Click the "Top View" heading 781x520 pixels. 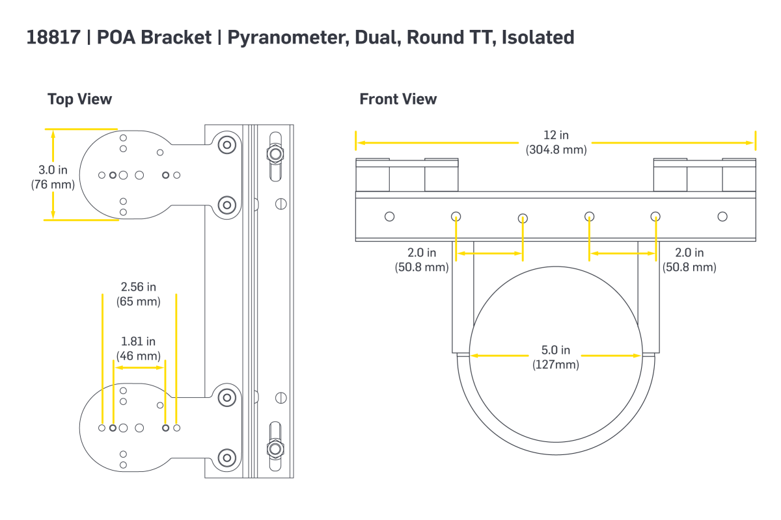[x=79, y=99]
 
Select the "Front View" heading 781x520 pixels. [x=398, y=99]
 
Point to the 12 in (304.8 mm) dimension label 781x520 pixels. [x=556, y=142]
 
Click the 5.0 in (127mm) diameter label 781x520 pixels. [x=555, y=357]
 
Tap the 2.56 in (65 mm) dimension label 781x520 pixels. [x=138, y=294]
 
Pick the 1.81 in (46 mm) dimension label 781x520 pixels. [x=138, y=348]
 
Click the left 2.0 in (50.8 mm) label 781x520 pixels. [x=422, y=259]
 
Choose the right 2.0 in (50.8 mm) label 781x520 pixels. [x=689, y=259]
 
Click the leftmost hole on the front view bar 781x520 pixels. [x=389, y=216]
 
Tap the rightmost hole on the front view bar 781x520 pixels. [x=722, y=216]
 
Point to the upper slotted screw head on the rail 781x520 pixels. [x=281, y=203]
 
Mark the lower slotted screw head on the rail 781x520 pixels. [x=281, y=397]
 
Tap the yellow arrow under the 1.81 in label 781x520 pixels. [x=139, y=367]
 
